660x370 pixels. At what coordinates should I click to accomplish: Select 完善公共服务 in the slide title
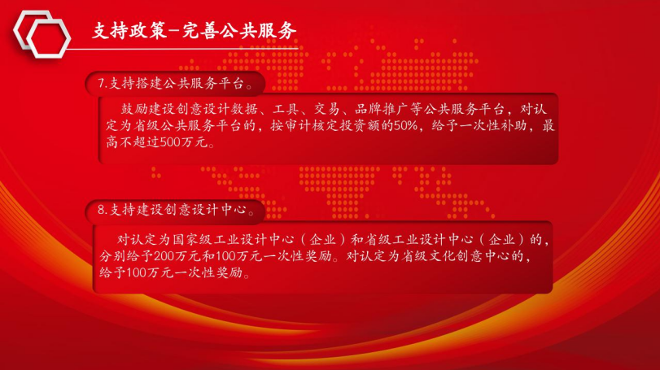point(239,31)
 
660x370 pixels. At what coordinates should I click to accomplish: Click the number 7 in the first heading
point(101,83)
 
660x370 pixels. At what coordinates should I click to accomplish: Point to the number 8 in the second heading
point(101,209)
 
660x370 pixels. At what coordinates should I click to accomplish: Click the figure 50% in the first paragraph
point(405,126)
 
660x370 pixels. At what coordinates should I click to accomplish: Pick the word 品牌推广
point(382,109)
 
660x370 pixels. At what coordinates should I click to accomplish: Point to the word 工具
point(286,109)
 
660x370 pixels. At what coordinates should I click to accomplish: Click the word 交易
point(326,109)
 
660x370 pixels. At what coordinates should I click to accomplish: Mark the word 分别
point(113,256)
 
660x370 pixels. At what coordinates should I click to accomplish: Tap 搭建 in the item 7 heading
point(150,83)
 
